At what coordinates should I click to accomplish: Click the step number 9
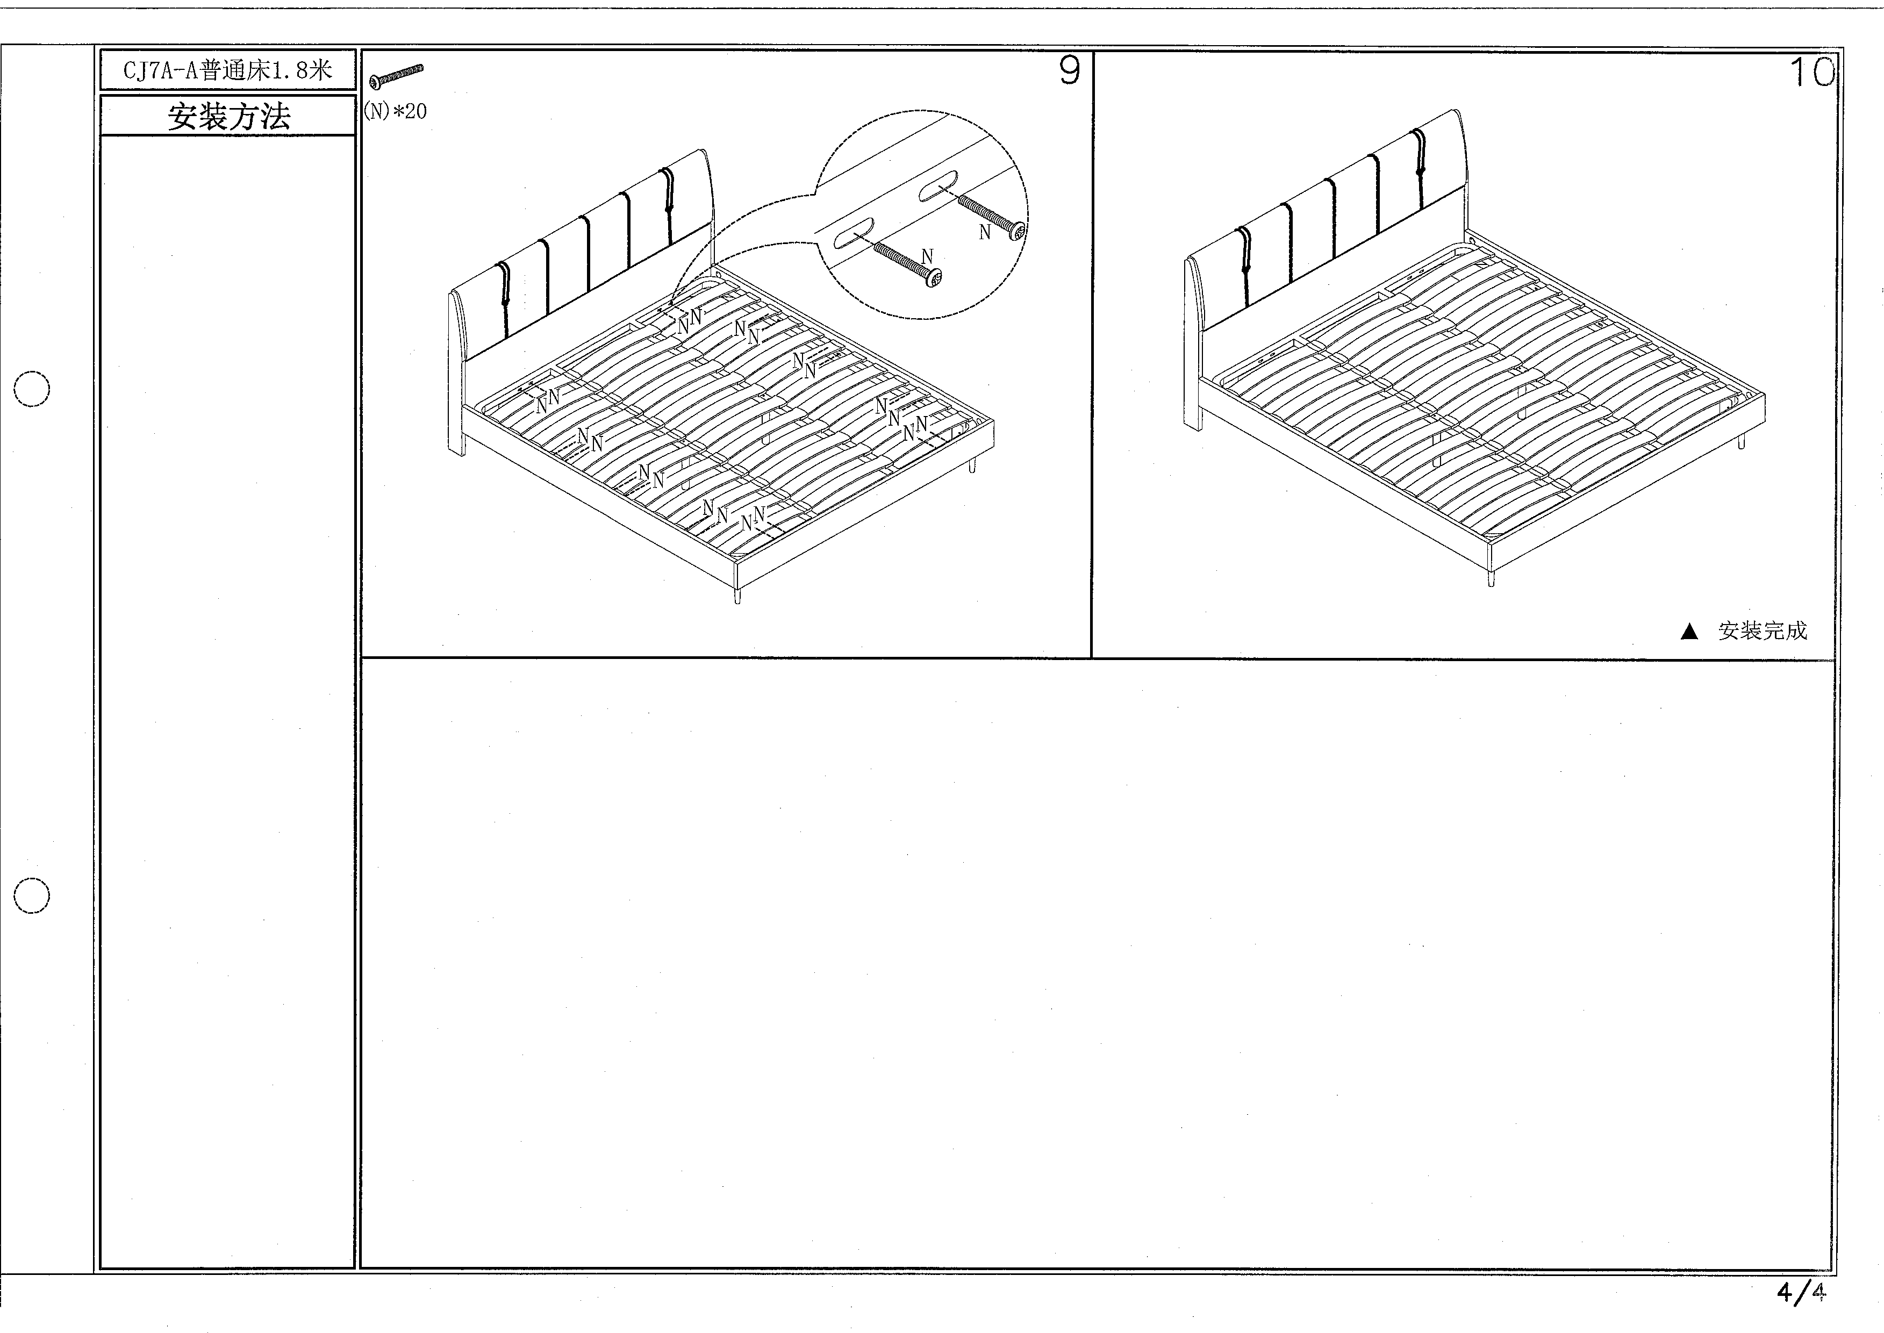[x=1069, y=71]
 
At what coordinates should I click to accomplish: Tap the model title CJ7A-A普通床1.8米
[x=227, y=70]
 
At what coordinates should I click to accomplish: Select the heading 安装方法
[x=229, y=117]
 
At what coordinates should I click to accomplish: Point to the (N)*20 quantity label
[x=396, y=111]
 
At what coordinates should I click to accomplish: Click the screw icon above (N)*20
[x=397, y=76]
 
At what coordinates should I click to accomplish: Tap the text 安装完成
[x=1763, y=630]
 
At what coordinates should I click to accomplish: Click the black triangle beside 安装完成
[x=1689, y=631]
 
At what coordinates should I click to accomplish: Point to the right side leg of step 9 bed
[x=973, y=465]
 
